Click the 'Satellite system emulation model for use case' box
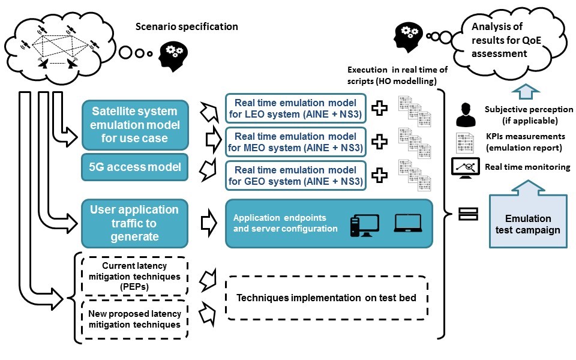(135, 125)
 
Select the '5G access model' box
(135, 167)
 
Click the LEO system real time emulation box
(295, 109)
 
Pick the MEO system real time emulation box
(295, 142)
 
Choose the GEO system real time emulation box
(295, 174)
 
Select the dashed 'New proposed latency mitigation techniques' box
(135, 319)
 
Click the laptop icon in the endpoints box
(408, 224)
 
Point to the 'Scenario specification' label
(187, 26)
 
